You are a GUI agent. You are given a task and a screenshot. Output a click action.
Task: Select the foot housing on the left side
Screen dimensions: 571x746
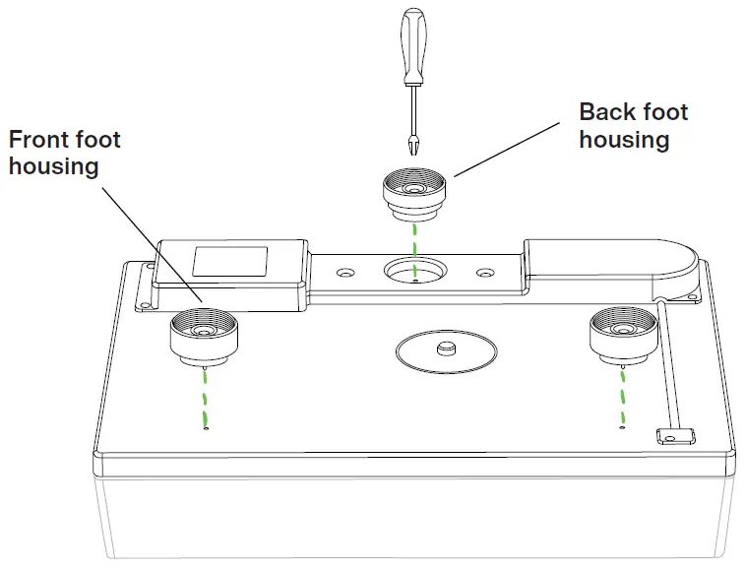coord(205,335)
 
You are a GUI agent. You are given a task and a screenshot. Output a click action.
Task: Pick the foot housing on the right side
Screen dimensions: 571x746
coord(622,335)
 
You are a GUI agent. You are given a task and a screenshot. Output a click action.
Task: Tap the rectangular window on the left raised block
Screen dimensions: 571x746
coord(229,261)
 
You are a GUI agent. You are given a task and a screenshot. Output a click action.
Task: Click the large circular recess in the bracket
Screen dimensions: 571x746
coord(413,270)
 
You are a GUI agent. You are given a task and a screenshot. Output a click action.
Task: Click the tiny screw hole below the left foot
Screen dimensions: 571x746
coord(205,428)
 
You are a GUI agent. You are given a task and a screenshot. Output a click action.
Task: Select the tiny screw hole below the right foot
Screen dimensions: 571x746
coord(621,427)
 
